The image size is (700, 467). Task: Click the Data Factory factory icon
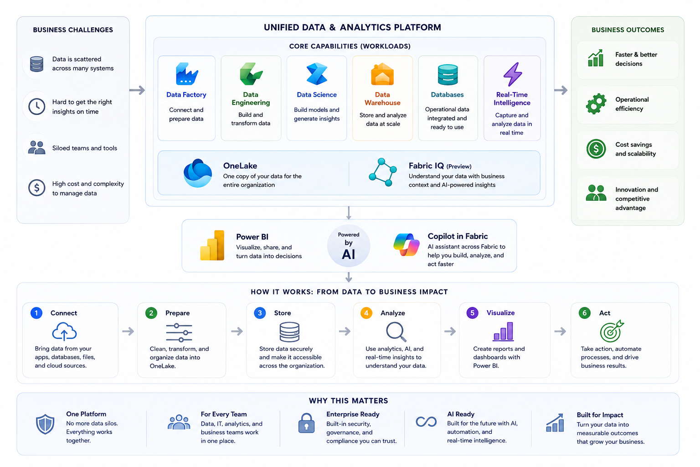(x=186, y=74)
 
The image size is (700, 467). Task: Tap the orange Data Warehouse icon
(x=382, y=74)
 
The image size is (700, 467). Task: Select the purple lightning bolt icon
(x=513, y=74)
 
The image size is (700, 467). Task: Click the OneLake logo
(x=197, y=173)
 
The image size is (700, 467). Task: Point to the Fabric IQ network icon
(x=383, y=172)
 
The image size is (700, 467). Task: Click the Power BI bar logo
(x=212, y=245)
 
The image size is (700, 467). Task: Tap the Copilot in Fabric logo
(x=406, y=244)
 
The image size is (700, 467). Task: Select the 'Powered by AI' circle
(x=349, y=246)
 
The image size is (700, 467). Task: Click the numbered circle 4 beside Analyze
(x=366, y=313)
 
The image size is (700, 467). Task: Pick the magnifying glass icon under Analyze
(x=396, y=332)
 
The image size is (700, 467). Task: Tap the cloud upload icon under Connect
(x=64, y=332)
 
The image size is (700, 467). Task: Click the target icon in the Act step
(x=612, y=331)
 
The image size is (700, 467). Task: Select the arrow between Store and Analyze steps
(x=345, y=331)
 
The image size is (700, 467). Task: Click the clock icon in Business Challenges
(x=36, y=106)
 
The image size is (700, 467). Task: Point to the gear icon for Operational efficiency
(x=596, y=104)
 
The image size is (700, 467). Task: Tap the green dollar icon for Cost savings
(x=596, y=149)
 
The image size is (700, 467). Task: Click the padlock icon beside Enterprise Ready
(x=306, y=423)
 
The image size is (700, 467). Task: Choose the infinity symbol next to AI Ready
(x=426, y=422)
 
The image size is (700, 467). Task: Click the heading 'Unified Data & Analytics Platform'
(x=352, y=27)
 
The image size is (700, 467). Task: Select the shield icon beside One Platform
(x=45, y=424)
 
